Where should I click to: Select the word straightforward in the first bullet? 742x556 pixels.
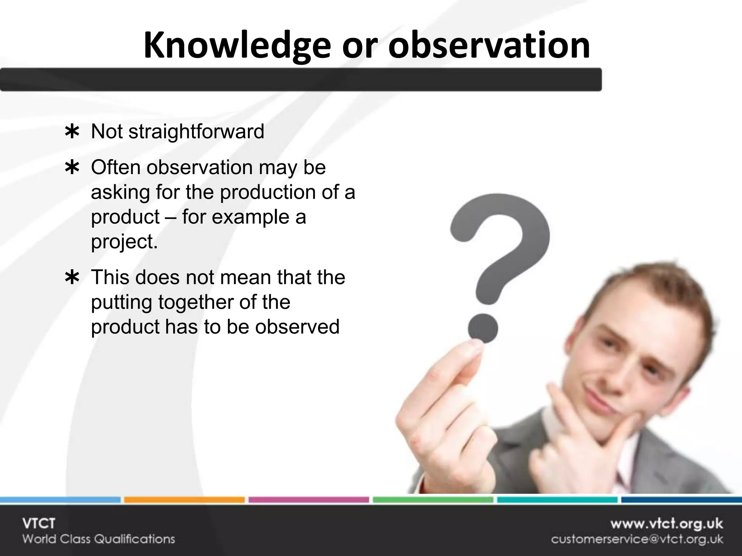(x=196, y=132)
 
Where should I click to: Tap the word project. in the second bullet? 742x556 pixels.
(x=124, y=242)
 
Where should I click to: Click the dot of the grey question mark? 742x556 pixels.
(x=483, y=328)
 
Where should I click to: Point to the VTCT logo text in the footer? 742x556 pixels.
(x=38, y=524)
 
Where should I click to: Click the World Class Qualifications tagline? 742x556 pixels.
(x=99, y=539)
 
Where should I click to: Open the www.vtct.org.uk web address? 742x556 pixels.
(x=666, y=524)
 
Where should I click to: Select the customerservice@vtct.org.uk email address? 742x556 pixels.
(x=637, y=539)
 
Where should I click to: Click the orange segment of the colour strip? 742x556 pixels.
(x=184, y=500)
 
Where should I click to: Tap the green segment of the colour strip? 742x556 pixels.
(x=433, y=500)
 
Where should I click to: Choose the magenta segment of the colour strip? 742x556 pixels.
(x=308, y=500)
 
